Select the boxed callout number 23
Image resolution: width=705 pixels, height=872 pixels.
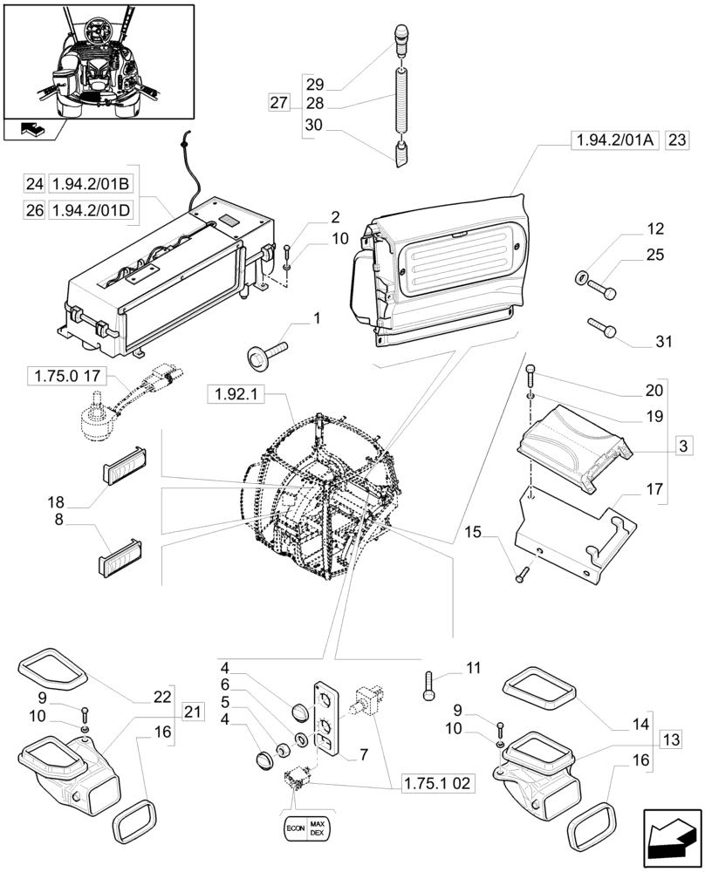(x=677, y=140)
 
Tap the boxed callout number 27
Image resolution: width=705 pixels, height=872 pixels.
(x=278, y=104)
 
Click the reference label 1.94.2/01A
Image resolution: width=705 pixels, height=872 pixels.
(x=613, y=140)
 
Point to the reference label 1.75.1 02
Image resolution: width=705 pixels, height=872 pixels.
(x=439, y=783)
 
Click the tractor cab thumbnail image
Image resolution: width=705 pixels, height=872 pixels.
(x=98, y=59)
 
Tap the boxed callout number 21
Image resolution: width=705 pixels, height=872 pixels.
(x=192, y=712)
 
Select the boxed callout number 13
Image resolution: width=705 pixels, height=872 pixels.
(x=670, y=740)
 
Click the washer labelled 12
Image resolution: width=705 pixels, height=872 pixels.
(x=580, y=278)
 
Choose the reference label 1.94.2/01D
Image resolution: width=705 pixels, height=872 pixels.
(x=91, y=209)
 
